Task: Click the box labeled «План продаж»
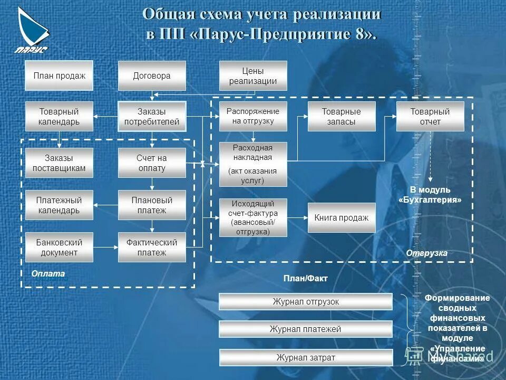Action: [x=59, y=75]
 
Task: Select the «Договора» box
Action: [x=152, y=75]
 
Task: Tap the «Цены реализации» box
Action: [x=253, y=75]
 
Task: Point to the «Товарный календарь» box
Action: [x=59, y=117]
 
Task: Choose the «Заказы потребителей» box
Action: [x=152, y=117]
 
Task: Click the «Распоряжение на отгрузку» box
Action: [x=253, y=117]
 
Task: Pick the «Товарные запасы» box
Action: [x=342, y=117]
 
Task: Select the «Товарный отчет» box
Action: [x=430, y=117]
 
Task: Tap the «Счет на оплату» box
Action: [x=152, y=163]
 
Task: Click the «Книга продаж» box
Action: [x=342, y=217]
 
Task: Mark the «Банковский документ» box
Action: [x=59, y=248]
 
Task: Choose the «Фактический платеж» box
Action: [x=152, y=248]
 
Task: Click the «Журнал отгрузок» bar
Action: [x=306, y=302]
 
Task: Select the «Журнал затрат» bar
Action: [x=306, y=357]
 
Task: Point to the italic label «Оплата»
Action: [x=48, y=273]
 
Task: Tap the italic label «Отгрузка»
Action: [x=426, y=253]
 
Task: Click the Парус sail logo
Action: [x=32, y=29]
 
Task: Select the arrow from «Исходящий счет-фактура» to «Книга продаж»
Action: [x=298, y=217]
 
